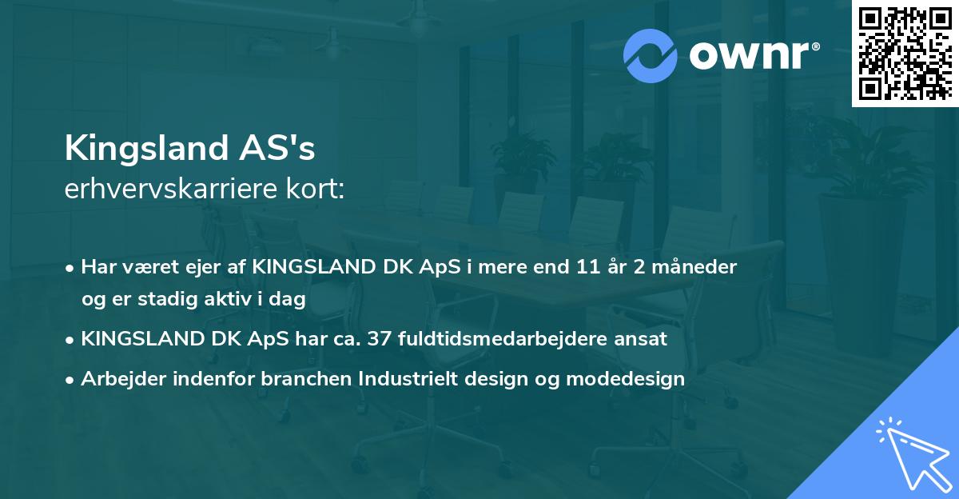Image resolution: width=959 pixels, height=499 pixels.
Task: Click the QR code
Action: [x=905, y=53]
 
